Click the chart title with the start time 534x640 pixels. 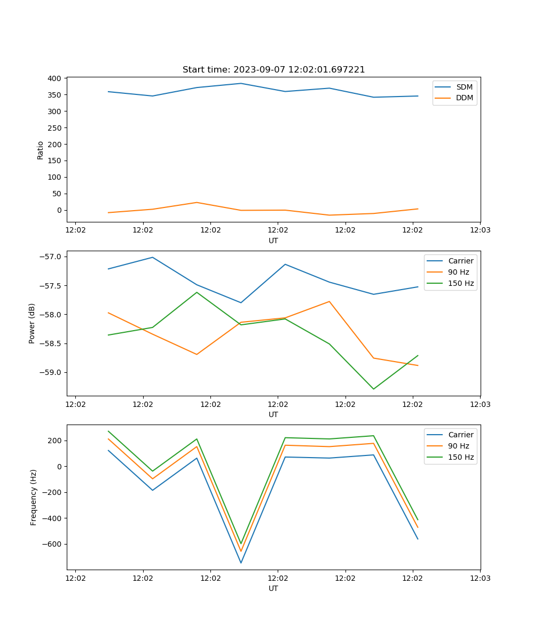(273, 70)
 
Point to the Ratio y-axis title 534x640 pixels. (41, 150)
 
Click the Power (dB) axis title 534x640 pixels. (32, 323)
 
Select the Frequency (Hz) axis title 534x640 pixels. (34, 497)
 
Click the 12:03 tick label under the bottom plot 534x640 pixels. (480, 578)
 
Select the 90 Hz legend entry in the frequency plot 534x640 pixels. (459, 446)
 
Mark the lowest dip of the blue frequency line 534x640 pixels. (241, 563)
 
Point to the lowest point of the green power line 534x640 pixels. (373, 389)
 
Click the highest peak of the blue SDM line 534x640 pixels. (241, 83)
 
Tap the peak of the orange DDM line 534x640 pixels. (197, 202)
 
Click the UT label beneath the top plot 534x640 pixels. (273, 241)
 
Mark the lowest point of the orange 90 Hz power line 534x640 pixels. (418, 365)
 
